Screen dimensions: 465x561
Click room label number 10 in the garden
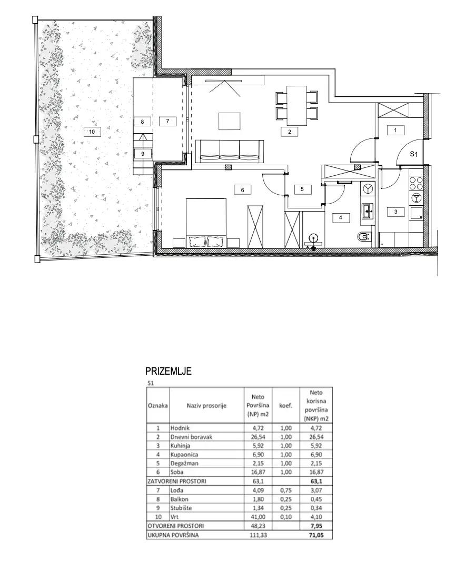[92, 132]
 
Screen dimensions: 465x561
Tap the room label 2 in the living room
[290, 132]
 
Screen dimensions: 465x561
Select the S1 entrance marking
[414, 154]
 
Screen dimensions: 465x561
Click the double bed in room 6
[206, 223]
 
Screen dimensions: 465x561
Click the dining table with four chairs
[297, 106]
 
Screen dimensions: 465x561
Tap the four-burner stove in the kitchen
[416, 184]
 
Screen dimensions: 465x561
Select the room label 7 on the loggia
[167, 121]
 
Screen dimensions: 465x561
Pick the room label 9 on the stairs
[143, 154]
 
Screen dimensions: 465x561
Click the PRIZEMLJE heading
[169, 371]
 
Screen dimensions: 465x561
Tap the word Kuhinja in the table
[180, 446]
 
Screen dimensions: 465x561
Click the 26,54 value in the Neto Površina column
[258, 437]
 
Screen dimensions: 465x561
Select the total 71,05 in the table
[316, 535]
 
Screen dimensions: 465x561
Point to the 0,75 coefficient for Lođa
[285, 490]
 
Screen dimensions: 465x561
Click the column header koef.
[285, 406]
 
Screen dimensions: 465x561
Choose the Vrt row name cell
[175, 517]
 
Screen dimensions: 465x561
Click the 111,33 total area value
[258, 535]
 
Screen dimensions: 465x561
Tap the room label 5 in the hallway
[302, 189]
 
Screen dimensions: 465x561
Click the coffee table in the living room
[230, 121]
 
